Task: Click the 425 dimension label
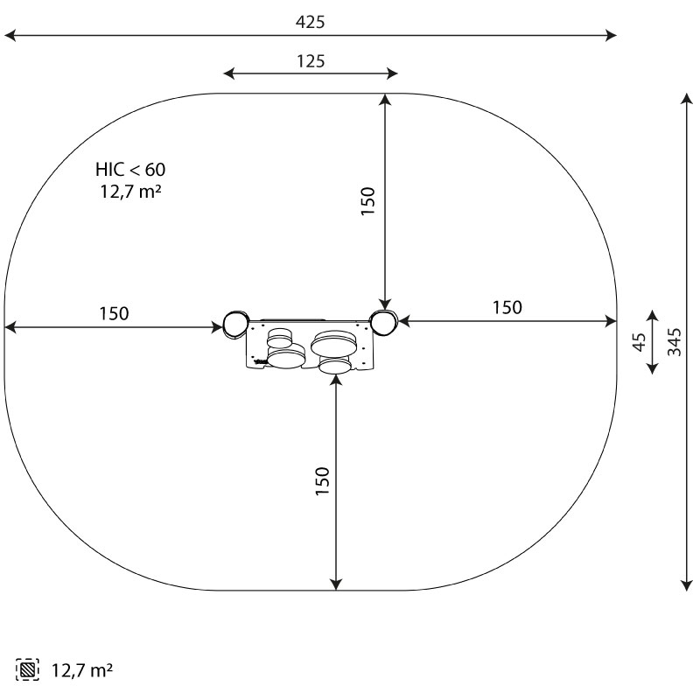coord(311,22)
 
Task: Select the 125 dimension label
coord(311,61)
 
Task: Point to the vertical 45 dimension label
coord(640,342)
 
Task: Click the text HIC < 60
coord(130,170)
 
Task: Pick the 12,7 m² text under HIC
coord(130,192)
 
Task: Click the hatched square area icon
coord(27,669)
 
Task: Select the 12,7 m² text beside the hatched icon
coord(82,670)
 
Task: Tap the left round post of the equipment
coord(234,324)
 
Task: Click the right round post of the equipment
coord(383,323)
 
